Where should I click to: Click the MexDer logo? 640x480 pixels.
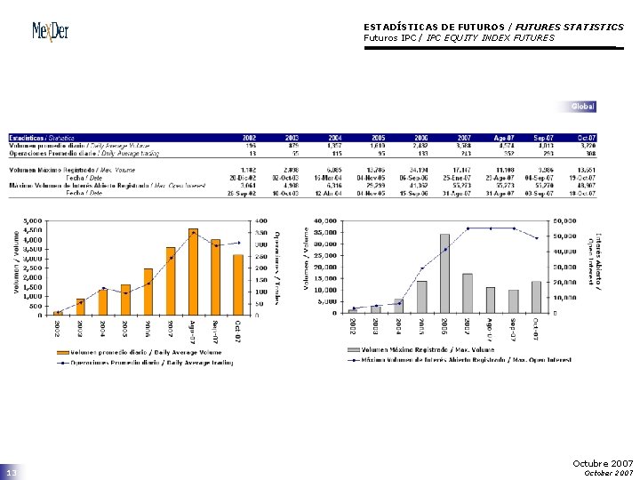(51, 31)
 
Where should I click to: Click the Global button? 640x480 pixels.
(582, 107)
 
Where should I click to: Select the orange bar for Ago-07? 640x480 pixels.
(193, 272)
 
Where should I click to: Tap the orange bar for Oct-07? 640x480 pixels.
(237, 284)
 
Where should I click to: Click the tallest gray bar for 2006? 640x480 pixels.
(444, 273)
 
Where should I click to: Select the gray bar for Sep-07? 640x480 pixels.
(513, 301)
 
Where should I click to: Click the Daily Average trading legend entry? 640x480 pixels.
(152, 363)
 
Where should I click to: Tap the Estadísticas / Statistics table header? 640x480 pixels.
(42, 138)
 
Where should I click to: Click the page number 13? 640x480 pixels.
(12, 472)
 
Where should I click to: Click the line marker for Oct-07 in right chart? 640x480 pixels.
(536, 238)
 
